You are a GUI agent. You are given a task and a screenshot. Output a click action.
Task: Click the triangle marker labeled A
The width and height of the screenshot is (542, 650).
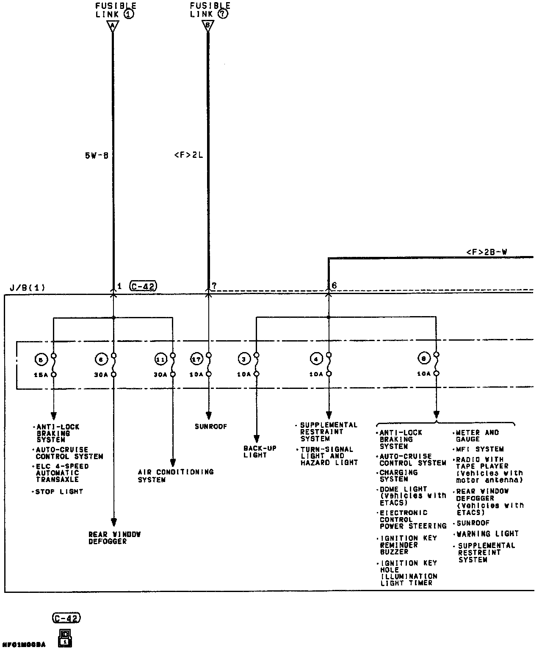[113, 26]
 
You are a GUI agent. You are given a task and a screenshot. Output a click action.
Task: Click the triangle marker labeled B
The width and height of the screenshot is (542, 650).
[207, 26]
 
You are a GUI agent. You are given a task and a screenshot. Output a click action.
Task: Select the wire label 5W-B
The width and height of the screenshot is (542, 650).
[97, 156]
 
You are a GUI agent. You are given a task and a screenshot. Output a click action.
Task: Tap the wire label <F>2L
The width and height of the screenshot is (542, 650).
[188, 155]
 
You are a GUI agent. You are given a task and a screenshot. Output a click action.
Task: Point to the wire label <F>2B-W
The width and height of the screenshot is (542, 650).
[487, 252]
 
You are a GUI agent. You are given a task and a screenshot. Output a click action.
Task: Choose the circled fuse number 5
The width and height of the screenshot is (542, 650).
[40, 360]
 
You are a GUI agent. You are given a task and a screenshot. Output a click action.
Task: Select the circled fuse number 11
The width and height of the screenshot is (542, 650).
[160, 360]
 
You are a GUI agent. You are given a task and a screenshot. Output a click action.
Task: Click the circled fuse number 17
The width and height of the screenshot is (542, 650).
[196, 360]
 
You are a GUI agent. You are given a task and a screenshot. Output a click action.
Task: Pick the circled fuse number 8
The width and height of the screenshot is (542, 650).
[424, 359]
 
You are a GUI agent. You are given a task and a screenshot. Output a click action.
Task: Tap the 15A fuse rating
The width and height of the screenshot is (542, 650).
[41, 375]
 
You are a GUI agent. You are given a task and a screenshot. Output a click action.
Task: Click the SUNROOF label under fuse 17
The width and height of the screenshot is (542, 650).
[211, 427]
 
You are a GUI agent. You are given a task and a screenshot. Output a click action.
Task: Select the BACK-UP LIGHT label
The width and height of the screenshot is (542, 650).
[260, 452]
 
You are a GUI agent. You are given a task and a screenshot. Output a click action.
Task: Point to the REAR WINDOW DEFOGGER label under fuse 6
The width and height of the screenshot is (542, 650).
[114, 538]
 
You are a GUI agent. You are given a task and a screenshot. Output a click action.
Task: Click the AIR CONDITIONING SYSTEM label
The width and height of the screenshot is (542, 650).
[175, 476]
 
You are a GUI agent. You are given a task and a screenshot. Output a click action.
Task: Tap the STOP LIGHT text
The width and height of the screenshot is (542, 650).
[59, 492]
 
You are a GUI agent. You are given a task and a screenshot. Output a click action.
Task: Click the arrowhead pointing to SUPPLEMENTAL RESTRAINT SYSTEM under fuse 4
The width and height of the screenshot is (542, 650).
[329, 416]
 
